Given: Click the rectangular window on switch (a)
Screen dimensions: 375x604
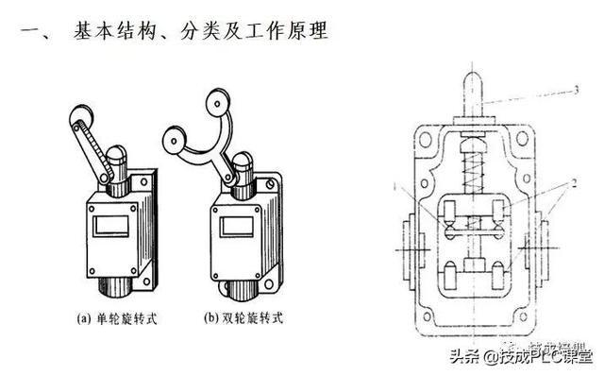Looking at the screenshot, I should pyautogui.click(x=104, y=226).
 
